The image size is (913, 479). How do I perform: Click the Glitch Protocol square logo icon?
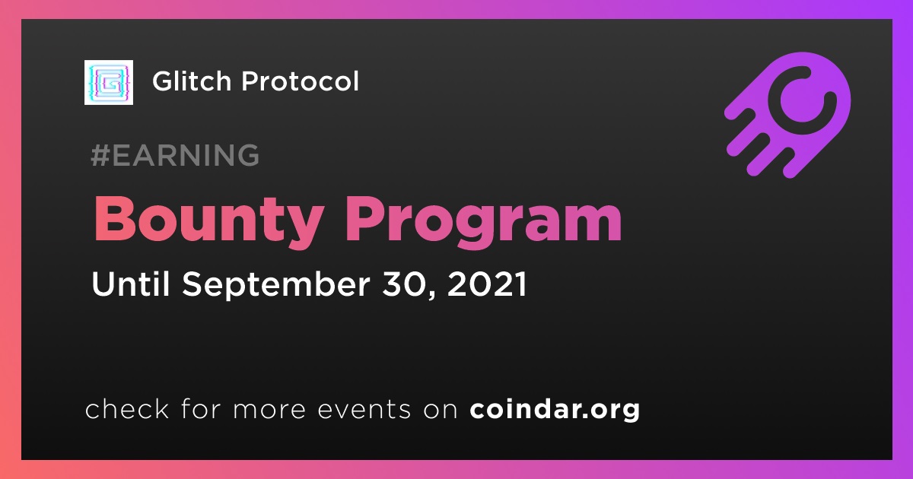[x=108, y=82]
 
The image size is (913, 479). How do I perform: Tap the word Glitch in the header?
[x=192, y=81]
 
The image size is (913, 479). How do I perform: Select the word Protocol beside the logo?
[x=300, y=81]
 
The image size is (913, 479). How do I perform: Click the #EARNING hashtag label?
[x=175, y=155]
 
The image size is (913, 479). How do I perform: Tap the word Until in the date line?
[x=130, y=284]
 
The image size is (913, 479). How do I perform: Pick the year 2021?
[x=487, y=284]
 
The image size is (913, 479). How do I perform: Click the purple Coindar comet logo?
[x=787, y=115]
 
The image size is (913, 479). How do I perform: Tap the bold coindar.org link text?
[x=555, y=409]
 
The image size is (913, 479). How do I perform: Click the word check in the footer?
[x=127, y=408]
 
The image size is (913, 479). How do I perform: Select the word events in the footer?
[x=364, y=410]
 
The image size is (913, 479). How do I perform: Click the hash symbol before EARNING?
[x=100, y=155]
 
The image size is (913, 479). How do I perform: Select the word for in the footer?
[x=201, y=408]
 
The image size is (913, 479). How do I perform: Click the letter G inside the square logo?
[x=109, y=82]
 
